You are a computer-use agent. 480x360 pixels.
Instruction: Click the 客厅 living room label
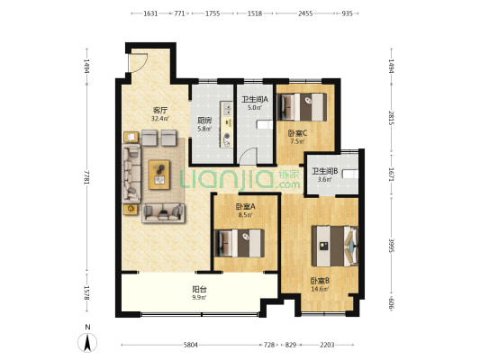[x=160, y=110]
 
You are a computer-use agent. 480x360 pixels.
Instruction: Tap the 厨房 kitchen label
[x=204, y=121]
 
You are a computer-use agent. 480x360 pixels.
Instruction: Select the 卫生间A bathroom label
[x=255, y=99]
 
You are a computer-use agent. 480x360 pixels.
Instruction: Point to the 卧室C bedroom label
[x=297, y=133]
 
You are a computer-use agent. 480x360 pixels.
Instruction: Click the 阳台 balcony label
[x=199, y=289]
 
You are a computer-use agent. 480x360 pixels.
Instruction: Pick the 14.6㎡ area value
[x=320, y=289]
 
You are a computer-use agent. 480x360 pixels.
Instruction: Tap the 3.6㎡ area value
[x=325, y=179]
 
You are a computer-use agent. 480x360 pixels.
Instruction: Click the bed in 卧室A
[x=240, y=243]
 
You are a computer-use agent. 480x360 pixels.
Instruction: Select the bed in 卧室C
[x=302, y=107]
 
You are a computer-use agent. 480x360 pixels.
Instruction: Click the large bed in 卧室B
[x=335, y=246]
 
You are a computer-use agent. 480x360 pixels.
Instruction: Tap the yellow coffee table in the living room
[x=159, y=175]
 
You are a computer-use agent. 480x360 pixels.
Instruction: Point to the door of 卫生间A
[x=249, y=156]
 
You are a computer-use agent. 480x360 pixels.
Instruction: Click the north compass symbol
[x=87, y=342]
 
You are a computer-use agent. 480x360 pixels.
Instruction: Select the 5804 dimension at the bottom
[x=190, y=345]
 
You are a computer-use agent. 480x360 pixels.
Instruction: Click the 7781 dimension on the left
[x=87, y=177]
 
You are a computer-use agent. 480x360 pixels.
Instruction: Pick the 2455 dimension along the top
[x=305, y=13]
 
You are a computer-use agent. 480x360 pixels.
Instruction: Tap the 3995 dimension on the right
[x=392, y=246]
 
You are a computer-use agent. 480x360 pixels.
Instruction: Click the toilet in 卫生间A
[x=265, y=125]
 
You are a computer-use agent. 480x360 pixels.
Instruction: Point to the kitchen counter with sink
[x=227, y=124]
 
